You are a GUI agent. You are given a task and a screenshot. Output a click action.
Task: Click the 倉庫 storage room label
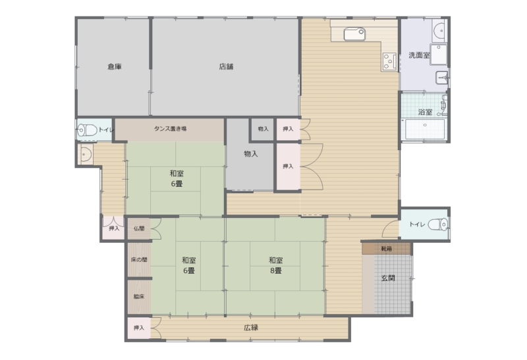point(114,66)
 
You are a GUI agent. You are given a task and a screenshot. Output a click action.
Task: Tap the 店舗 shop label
point(226,66)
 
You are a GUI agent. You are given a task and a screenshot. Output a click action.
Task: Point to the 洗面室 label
point(419,55)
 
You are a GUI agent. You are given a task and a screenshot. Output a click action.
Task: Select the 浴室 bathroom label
point(425,112)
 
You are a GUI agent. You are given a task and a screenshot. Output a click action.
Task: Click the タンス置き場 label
point(171,128)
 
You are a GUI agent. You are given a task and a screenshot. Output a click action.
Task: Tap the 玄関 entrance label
point(388,278)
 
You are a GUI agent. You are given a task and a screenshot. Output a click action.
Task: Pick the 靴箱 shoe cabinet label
point(387,249)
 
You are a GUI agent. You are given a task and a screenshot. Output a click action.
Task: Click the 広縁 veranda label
point(251,328)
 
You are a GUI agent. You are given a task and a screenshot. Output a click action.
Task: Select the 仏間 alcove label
point(139,228)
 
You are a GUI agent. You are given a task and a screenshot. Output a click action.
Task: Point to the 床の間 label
point(139,259)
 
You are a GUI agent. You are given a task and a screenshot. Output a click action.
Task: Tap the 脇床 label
point(139,297)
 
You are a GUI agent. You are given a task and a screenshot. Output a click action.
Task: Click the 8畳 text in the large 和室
point(275,270)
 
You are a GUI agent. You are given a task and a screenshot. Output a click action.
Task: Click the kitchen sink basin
point(354,34)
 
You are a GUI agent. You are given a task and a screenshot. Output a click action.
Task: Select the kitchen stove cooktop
point(389,62)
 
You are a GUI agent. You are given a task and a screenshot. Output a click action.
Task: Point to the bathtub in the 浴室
point(425,129)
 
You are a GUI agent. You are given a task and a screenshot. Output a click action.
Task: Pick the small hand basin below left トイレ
point(86,154)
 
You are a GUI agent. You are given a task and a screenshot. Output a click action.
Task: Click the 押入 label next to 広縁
point(139,328)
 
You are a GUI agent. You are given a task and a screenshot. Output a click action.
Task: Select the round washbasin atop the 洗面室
point(439,30)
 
